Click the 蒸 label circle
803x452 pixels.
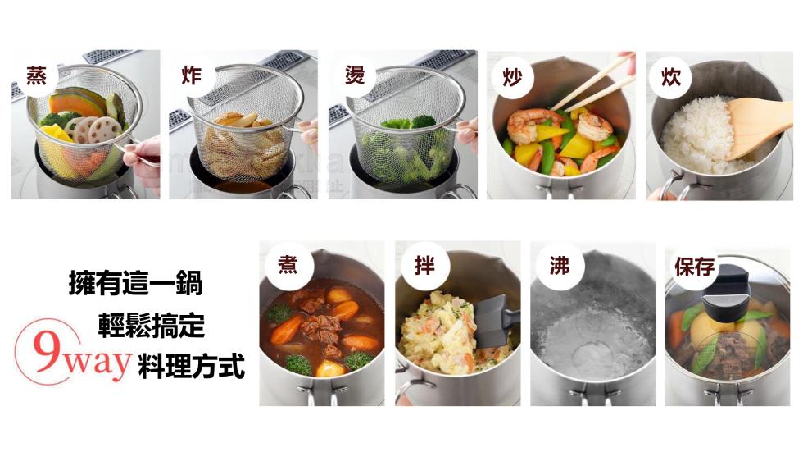pos(36,76)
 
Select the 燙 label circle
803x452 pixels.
pos(354,76)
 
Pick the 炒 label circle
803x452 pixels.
pos(512,77)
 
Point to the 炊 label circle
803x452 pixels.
pos(671,77)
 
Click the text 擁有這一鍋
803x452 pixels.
pos(135,285)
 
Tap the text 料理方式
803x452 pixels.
pos(191,365)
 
